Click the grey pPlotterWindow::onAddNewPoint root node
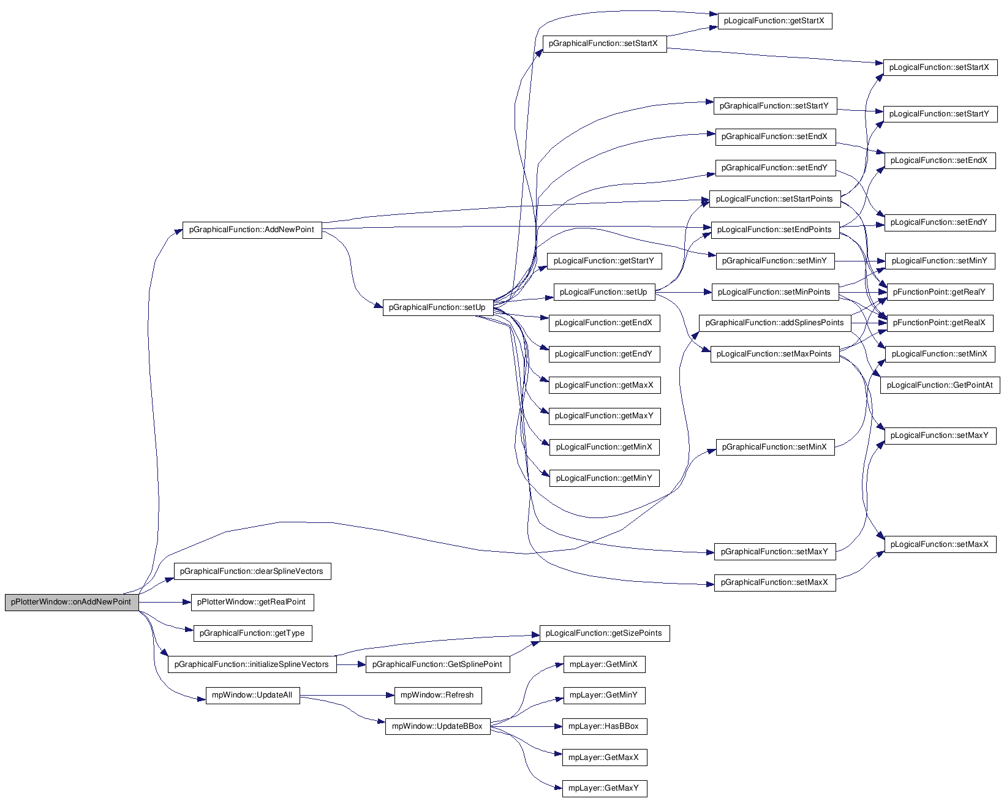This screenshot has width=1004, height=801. tap(72, 602)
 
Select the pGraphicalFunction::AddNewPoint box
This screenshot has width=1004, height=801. tap(252, 230)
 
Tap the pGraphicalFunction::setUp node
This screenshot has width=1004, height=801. tap(437, 307)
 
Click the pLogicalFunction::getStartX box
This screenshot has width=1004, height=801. tap(774, 21)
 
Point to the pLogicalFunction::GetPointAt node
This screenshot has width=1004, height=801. tap(940, 385)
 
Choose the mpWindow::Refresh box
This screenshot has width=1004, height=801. tap(437, 695)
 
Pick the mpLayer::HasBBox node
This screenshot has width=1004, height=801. tap(604, 726)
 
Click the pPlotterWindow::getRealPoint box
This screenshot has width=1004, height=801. tap(252, 602)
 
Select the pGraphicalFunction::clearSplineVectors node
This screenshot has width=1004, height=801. tap(252, 571)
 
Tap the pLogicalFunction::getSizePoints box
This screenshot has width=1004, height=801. tap(604, 633)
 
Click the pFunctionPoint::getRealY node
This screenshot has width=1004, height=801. tap(940, 292)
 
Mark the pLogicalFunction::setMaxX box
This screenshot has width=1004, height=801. tap(940, 544)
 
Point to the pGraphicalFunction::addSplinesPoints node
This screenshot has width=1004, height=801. tap(774, 323)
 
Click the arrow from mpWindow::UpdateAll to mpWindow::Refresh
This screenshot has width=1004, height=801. tap(347, 696)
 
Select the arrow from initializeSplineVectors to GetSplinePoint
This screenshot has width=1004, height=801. tap(351, 664)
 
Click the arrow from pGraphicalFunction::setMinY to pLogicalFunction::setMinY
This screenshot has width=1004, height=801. tap(860, 261)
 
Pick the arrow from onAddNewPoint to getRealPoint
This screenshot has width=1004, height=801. tap(165, 602)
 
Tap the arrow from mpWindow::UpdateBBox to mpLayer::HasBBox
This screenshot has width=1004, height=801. tap(526, 727)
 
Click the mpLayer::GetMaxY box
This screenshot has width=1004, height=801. tap(604, 788)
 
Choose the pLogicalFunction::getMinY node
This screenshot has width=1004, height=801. tap(604, 478)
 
